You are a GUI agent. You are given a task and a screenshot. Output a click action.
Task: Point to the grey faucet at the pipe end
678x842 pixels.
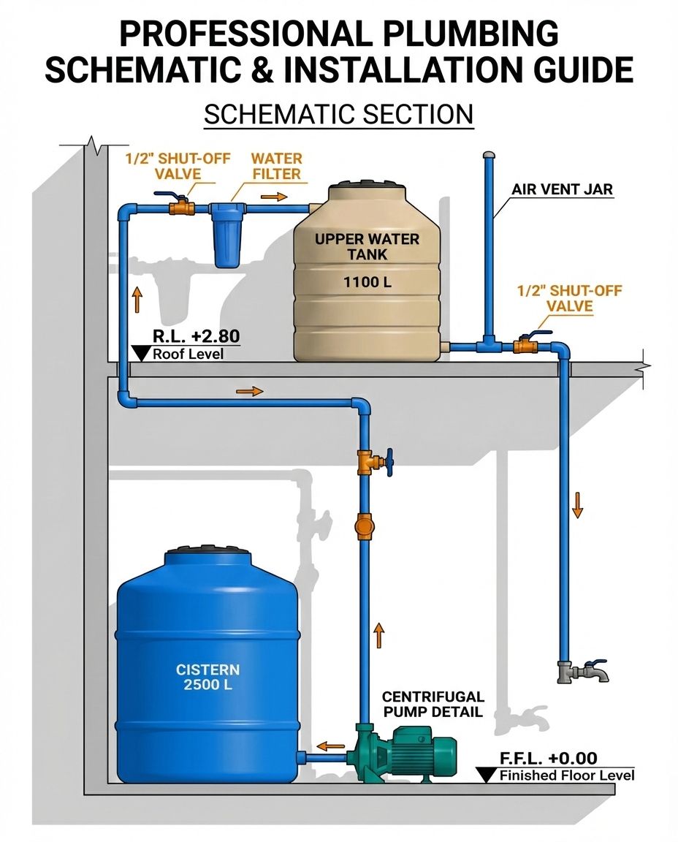click(582, 670)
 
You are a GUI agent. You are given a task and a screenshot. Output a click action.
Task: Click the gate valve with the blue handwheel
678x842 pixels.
click(375, 461)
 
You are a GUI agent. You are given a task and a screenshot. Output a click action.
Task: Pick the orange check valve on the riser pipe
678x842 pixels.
click(364, 526)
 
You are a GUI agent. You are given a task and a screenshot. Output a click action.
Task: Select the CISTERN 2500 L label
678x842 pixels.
click(207, 677)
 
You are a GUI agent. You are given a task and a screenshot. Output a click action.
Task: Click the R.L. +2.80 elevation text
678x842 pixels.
click(196, 335)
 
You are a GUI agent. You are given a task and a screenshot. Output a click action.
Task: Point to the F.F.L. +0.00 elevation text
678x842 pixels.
click(548, 758)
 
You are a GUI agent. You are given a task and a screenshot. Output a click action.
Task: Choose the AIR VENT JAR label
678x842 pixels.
click(562, 189)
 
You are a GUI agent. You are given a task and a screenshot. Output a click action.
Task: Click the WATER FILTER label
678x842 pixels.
click(276, 166)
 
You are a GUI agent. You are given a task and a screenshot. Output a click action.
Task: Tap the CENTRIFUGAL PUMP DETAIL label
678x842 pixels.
click(433, 704)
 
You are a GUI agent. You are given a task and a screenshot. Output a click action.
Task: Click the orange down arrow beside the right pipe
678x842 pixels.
click(577, 505)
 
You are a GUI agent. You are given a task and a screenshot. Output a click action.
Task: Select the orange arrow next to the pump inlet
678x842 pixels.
click(330, 746)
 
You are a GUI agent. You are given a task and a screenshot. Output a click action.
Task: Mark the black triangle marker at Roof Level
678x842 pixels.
click(141, 353)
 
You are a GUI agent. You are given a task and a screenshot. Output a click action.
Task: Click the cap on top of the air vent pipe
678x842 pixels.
click(489, 155)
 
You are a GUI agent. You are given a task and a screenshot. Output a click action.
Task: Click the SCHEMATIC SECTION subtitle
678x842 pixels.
click(339, 114)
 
